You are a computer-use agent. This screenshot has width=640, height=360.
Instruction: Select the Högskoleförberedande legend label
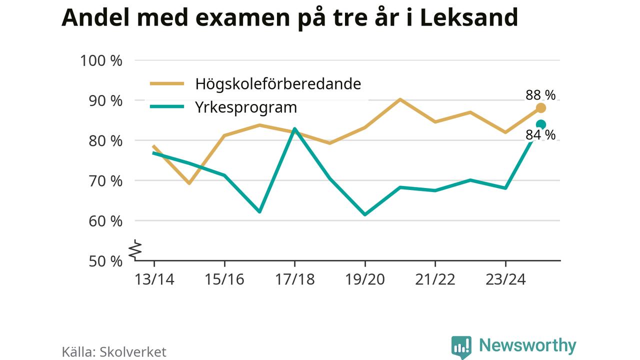[x=278, y=83]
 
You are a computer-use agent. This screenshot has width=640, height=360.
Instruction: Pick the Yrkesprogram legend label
[x=246, y=107]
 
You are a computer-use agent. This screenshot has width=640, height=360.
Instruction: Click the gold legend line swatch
[x=167, y=84]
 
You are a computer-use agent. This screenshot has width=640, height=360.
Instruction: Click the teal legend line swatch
[x=167, y=107]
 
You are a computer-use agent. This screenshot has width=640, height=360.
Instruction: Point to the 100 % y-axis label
[x=101, y=60]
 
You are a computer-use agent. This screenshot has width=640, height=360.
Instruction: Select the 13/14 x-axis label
[x=154, y=279]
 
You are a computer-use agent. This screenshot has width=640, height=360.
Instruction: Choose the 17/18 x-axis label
[x=295, y=279]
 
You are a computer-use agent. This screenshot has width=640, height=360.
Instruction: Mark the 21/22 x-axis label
[x=435, y=279]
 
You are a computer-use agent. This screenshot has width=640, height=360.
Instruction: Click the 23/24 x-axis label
[x=505, y=279]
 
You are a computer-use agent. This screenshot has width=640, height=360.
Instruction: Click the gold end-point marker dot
[x=540, y=108]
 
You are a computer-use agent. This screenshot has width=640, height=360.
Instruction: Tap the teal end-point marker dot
[x=540, y=124]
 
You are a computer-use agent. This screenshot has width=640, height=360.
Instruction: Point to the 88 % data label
[x=540, y=94]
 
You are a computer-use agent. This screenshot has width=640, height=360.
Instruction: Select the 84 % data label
[x=540, y=135]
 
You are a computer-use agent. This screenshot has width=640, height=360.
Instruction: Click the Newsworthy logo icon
[x=461, y=346]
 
